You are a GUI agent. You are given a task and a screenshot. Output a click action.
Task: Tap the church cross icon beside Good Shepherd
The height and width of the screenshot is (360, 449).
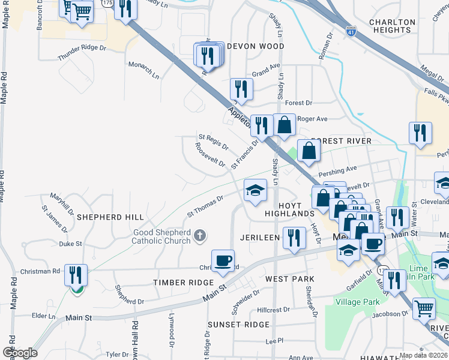click(200, 237)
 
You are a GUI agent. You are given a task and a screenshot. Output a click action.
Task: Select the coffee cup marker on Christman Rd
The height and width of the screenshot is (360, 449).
click(223, 261)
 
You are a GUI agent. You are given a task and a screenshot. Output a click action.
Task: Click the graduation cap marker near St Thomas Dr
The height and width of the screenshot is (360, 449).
click(255, 191)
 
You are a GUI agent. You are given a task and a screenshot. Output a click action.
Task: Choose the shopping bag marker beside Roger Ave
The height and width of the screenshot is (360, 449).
click(285, 125)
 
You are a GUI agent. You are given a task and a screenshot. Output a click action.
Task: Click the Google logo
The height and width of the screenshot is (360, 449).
click(20, 353)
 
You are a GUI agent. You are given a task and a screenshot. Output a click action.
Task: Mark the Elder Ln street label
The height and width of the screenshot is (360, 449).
click(43, 315)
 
